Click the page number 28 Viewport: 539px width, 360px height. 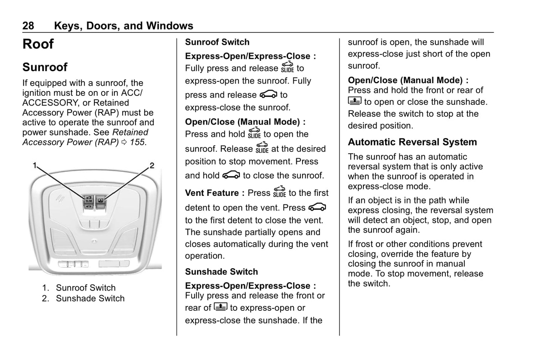coord(28,26)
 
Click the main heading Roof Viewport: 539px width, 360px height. coord(38,44)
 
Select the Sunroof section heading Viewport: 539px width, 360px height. coord(45,67)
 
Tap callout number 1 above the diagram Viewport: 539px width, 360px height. coord(35,165)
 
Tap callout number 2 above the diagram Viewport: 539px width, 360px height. coord(152,165)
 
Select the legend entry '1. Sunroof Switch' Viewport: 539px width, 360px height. coord(79,288)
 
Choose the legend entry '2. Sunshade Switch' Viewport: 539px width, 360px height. coord(83,298)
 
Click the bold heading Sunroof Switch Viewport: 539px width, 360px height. coord(217,42)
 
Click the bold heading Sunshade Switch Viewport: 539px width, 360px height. coord(221,272)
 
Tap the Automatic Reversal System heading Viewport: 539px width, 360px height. coord(412,142)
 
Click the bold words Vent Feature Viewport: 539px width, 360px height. coord(212,193)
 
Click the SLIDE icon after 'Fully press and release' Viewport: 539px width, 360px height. coord(287,67)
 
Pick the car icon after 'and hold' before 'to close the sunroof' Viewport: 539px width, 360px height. coord(231,175)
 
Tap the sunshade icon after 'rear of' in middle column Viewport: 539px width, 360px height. coord(220,307)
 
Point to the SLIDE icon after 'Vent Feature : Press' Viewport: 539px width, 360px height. coord(279,192)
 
